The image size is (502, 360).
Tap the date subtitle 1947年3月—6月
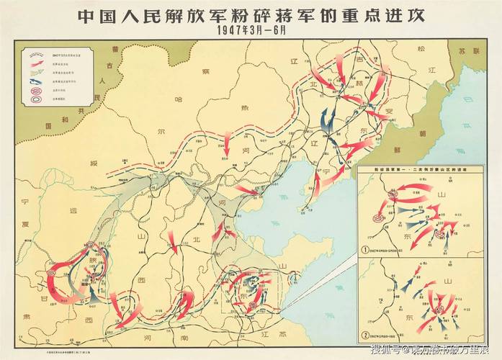click(251, 32)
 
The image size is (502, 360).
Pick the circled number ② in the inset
click(366, 334)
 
